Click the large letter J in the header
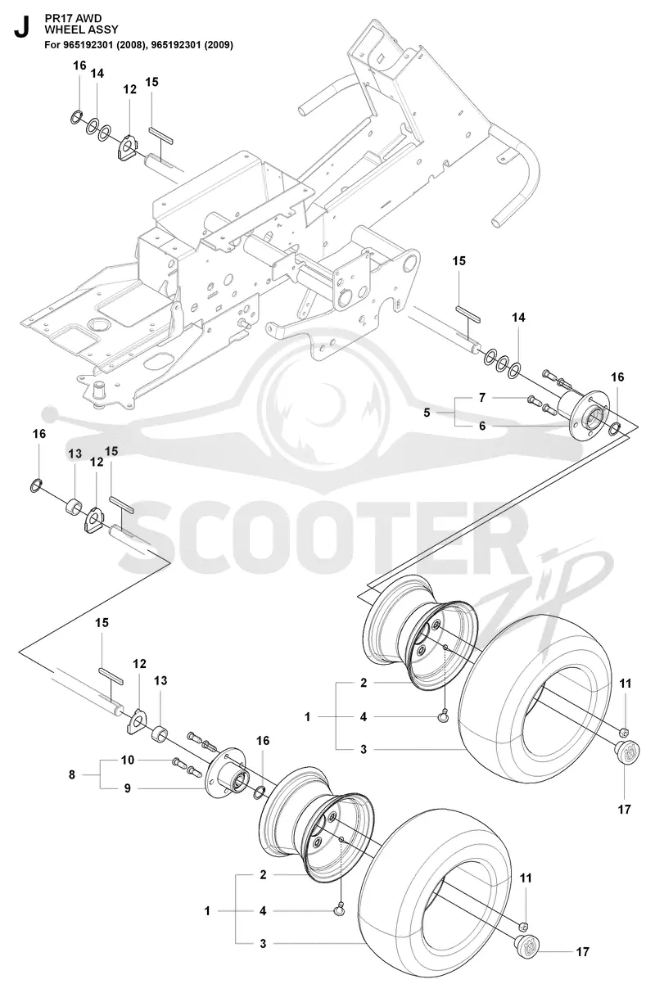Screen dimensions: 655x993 pyautogui.click(x=22, y=28)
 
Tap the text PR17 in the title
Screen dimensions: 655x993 pyautogui.click(x=55, y=18)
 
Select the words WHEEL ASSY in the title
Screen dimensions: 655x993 pyautogui.click(x=81, y=29)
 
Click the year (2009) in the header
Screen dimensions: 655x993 pyautogui.click(x=218, y=45)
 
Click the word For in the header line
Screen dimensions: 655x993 pyautogui.click(x=52, y=45)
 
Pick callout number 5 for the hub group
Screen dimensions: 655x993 pyautogui.click(x=427, y=413)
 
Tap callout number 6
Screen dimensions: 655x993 pyautogui.click(x=482, y=426)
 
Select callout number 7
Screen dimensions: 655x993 pyautogui.click(x=482, y=398)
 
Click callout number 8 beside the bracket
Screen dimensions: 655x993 pyautogui.click(x=72, y=775)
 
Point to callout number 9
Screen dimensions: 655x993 pyautogui.click(x=127, y=788)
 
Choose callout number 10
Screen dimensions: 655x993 pyautogui.click(x=128, y=761)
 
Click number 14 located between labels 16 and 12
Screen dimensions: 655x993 pyautogui.click(x=97, y=74)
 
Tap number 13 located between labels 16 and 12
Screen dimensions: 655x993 pyautogui.click(x=75, y=454)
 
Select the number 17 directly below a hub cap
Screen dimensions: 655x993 pyautogui.click(x=624, y=810)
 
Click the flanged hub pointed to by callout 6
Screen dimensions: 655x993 pyautogui.click(x=585, y=413)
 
